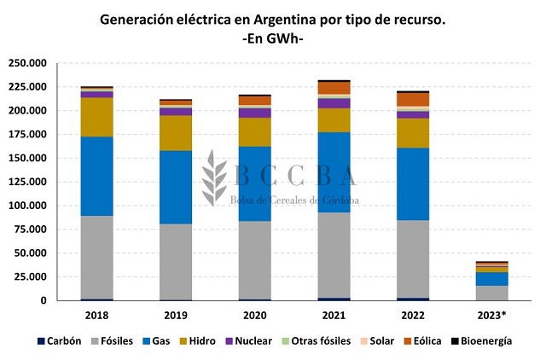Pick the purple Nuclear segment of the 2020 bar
254,113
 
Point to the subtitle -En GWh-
273,38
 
